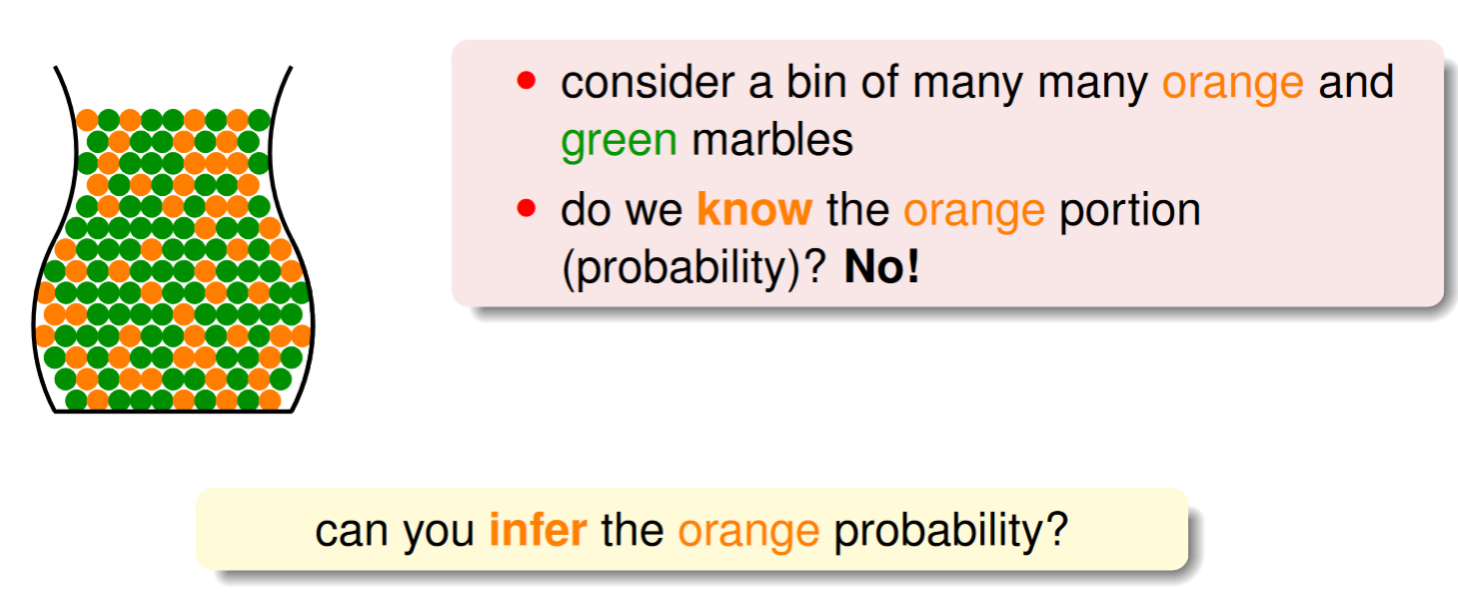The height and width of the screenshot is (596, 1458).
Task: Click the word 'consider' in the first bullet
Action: (648, 83)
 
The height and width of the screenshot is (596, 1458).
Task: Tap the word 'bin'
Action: (816, 82)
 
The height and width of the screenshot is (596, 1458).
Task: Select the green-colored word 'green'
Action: (619, 142)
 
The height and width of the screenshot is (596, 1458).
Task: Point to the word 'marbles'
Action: (772, 139)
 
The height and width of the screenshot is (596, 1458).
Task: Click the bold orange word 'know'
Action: (754, 209)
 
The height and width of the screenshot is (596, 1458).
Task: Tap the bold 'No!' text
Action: (882, 266)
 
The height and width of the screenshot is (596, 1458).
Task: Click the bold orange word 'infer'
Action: (538, 530)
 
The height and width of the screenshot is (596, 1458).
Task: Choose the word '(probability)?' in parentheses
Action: (694, 268)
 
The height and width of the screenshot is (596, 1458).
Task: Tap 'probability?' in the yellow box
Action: (951, 531)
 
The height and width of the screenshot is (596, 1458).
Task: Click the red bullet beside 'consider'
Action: (526, 81)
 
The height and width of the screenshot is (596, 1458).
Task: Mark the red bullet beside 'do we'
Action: (526, 208)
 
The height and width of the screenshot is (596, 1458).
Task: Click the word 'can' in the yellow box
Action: (352, 532)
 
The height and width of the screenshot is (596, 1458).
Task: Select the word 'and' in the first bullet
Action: (1356, 82)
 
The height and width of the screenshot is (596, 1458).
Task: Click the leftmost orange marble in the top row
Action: (87, 121)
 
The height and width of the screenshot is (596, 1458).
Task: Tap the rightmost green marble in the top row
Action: (259, 121)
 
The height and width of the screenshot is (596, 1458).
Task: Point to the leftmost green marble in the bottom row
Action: (76, 400)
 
